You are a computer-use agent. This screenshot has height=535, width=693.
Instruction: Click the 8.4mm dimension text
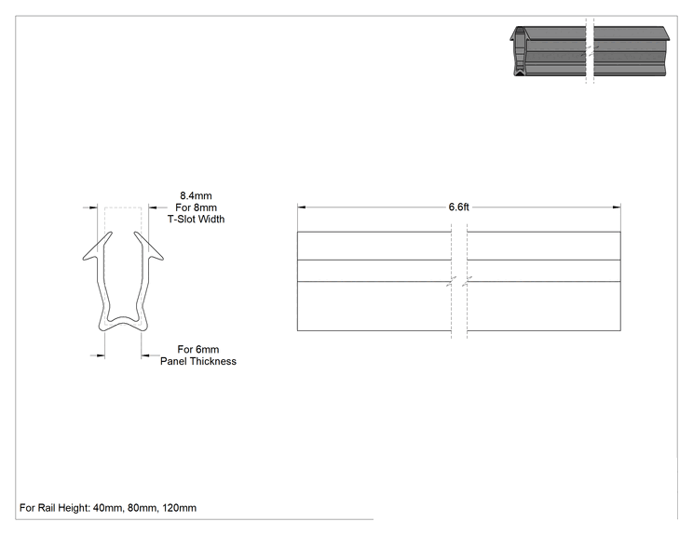click(196, 195)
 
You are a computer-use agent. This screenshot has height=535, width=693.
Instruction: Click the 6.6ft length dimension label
click(459, 207)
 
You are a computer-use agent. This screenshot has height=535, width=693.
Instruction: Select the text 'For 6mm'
click(198, 350)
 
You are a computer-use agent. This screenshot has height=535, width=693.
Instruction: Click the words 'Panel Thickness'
click(198, 362)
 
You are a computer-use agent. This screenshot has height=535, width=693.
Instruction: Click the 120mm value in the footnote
click(180, 508)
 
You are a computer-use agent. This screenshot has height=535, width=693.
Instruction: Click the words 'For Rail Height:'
click(55, 508)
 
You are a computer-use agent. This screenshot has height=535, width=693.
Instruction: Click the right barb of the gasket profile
click(148, 248)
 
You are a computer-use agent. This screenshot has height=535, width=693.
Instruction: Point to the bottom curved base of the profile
click(123, 322)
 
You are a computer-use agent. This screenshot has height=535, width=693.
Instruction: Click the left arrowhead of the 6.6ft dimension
click(302, 207)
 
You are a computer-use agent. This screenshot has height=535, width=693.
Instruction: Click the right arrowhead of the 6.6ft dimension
click(616, 207)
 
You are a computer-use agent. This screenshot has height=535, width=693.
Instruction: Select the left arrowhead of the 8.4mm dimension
click(93, 207)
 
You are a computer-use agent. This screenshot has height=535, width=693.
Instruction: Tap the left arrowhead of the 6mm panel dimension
click(101, 355)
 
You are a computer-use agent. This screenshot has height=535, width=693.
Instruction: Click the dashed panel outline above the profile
click(123, 207)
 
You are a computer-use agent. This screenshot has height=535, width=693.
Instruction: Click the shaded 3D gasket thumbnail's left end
click(520, 51)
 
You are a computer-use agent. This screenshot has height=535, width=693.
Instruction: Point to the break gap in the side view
click(459, 281)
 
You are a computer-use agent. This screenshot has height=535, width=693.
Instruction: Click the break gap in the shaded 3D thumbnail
click(590, 51)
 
